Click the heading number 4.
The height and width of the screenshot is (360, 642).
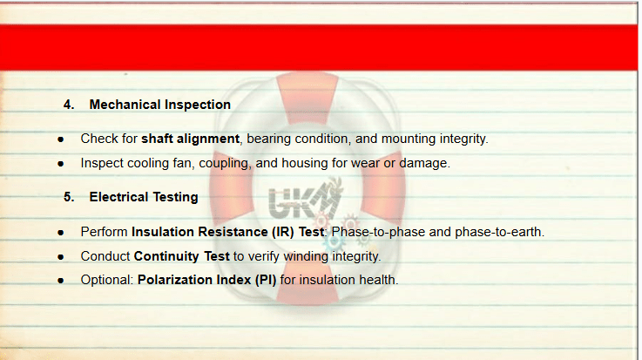click(69, 105)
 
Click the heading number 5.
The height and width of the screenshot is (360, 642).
click(69, 197)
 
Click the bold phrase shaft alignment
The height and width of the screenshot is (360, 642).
click(191, 139)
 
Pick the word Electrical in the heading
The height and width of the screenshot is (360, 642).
click(118, 197)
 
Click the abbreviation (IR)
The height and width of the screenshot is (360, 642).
click(283, 232)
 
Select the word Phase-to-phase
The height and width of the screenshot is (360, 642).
click(378, 232)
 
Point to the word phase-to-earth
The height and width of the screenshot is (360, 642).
click(498, 232)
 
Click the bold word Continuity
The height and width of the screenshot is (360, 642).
click(166, 256)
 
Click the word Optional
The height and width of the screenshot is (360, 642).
click(106, 280)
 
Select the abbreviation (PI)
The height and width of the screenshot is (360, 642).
click(266, 280)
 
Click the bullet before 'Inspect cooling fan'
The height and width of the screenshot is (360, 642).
click(61, 164)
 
